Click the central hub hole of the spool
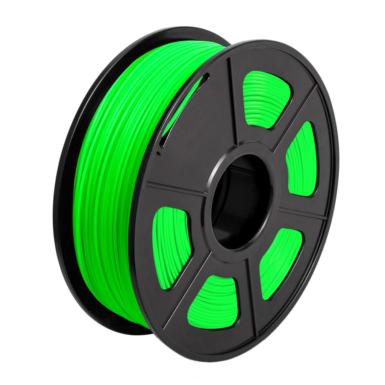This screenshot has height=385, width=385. click(241, 203)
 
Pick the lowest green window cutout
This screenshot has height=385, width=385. click(211, 301)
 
